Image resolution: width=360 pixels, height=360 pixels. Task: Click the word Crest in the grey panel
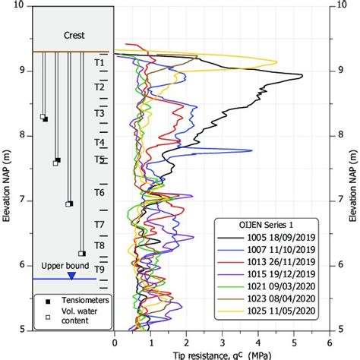click(x=75, y=35)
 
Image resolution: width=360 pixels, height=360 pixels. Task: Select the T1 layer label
click(x=99, y=63)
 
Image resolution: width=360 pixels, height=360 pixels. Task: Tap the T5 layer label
click(x=99, y=159)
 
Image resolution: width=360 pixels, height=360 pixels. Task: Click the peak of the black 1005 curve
click(x=302, y=75)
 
